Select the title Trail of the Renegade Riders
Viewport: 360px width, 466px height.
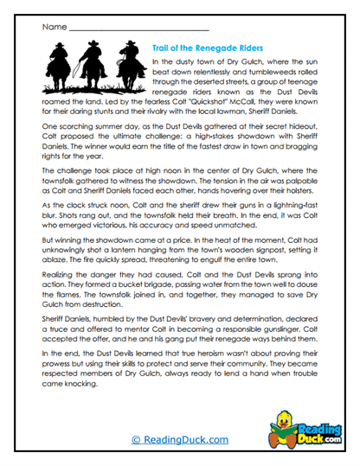pos(208,48)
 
